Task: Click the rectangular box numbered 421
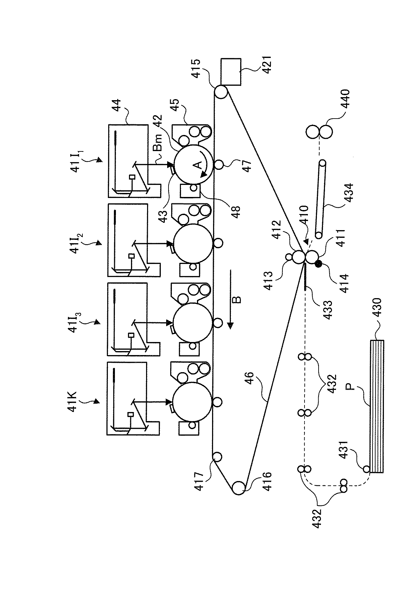(x=231, y=72)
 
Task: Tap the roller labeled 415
(x=221, y=92)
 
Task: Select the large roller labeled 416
(x=239, y=488)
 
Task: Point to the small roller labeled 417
(x=217, y=456)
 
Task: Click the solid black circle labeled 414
(x=319, y=264)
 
